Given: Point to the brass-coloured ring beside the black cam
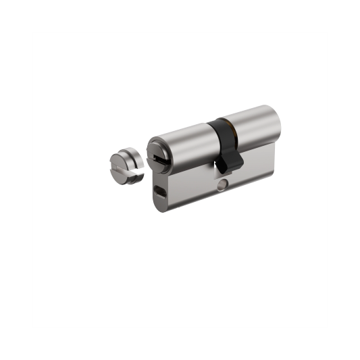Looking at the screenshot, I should [x=234, y=128].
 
